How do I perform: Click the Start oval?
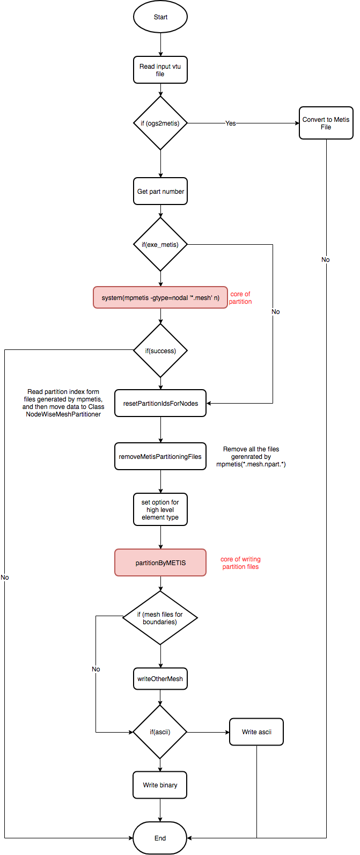(160, 17)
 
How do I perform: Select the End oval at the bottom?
(160, 838)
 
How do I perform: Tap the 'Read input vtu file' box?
(160, 70)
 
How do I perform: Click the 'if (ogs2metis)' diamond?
(160, 123)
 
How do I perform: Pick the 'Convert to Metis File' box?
(326, 123)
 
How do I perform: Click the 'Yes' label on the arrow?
(231, 123)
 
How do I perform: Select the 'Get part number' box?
(160, 191)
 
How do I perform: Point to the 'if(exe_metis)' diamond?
(160, 244)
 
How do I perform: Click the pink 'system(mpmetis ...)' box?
(160, 297)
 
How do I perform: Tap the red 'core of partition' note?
(240, 298)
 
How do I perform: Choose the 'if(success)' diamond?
(160, 350)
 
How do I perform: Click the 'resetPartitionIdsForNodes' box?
(160, 404)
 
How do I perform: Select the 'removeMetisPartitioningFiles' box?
(160, 457)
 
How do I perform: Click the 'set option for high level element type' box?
(160, 510)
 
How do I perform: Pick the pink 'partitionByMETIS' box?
(160, 562)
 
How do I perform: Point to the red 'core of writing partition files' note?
(240, 563)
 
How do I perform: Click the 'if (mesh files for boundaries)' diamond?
(160, 618)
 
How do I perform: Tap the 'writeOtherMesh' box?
(160, 679)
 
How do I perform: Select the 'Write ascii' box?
(256, 732)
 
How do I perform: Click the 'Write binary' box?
(160, 785)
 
